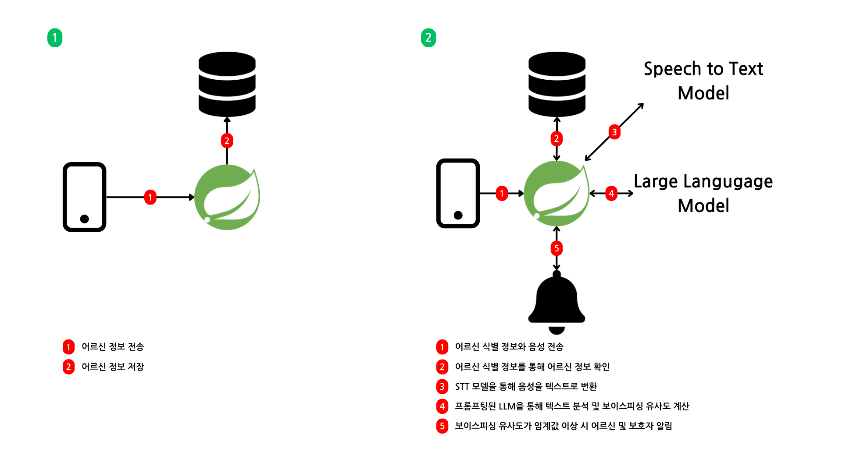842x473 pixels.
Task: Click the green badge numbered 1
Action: [55, 38]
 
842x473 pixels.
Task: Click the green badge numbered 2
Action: [428, 38]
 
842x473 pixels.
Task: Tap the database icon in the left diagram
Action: [227, 84]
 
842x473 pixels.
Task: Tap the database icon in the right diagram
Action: [557, 84]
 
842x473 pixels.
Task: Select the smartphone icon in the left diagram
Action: [85, 197]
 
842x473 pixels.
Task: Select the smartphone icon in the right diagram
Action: [458, 193]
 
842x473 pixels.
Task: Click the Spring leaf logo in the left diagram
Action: [227, 197]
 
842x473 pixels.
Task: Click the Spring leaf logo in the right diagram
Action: [557, 193]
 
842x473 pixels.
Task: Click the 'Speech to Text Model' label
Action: [703, 81]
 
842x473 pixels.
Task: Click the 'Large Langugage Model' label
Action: [703, 193]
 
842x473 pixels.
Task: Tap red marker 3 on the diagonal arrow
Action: [614, 132]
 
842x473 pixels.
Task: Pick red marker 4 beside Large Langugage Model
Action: [611, 193]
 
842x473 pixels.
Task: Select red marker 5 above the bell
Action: [557, 248]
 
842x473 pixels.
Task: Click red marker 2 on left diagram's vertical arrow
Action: [227, 141]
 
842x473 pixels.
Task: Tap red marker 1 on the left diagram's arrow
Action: [150, 197]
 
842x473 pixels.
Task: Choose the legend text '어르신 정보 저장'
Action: [113, 367]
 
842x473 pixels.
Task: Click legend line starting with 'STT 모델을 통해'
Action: [525, 386]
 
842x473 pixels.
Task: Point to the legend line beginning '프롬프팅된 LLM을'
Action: [571, 406]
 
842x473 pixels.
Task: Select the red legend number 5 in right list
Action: [442, 426]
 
